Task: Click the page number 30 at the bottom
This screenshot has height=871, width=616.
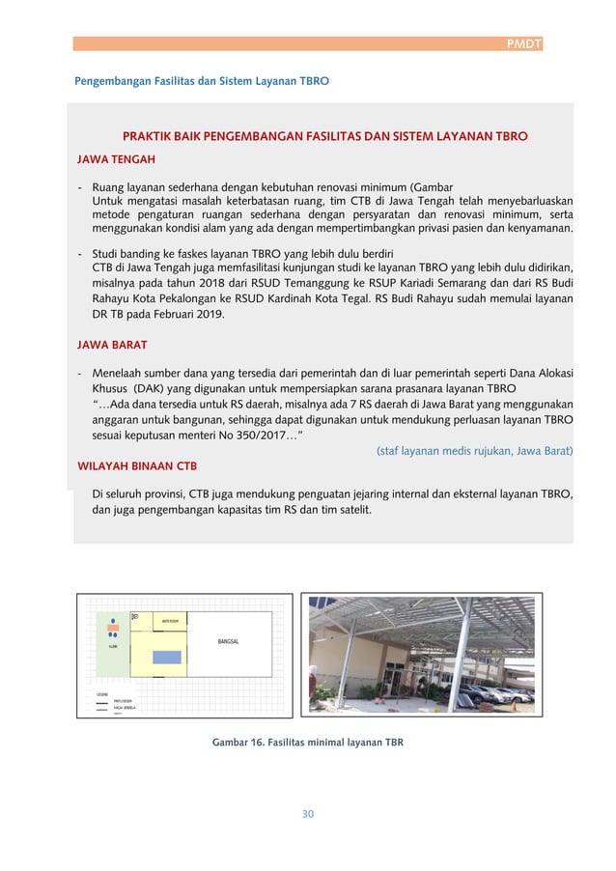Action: click(x=308, y=813)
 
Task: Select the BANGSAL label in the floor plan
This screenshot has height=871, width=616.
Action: click(x=228, y=641)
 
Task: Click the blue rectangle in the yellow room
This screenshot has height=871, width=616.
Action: click(x=166, y=658)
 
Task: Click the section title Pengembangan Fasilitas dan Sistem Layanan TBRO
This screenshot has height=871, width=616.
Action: click(x=202, y=81)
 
